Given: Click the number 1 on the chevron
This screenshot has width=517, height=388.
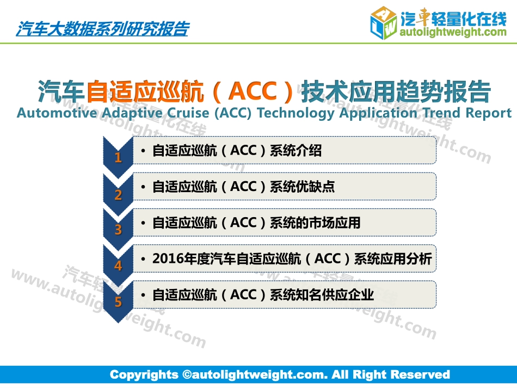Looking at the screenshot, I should pos(118,158).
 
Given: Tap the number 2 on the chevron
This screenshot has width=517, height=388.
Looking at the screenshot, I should pos(118,194).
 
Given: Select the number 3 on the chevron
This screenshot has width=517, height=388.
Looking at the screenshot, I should pos(118,230).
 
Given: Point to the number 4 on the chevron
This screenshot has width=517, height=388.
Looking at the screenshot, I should pos(118,266).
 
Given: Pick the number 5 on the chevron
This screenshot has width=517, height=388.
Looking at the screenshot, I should pos(118,302).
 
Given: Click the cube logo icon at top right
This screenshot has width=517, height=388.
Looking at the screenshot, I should pos(383,23).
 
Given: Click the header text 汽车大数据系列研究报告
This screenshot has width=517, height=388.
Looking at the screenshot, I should pos(102,28).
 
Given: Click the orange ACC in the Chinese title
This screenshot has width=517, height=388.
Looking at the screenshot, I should pos(253,91).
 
